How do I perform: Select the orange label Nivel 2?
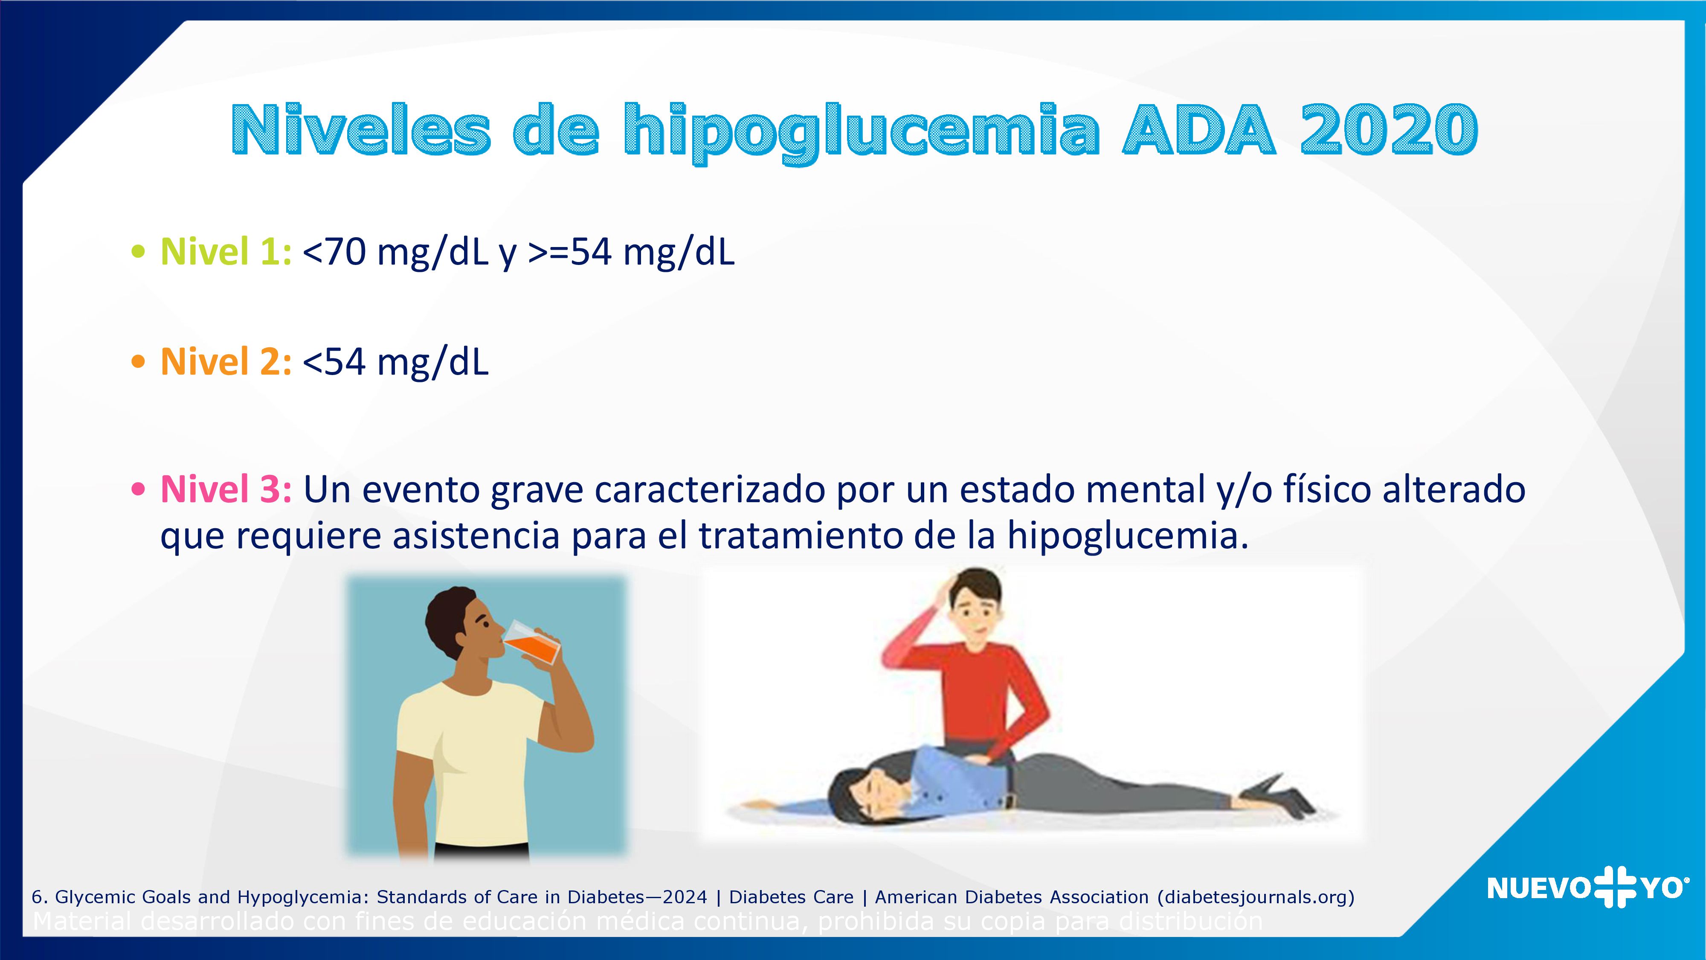tap(225, 362)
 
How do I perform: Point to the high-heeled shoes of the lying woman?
tap(1275, 795)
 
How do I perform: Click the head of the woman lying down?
tap(861, 795)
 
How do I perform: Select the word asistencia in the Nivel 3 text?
tap(476, 535)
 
